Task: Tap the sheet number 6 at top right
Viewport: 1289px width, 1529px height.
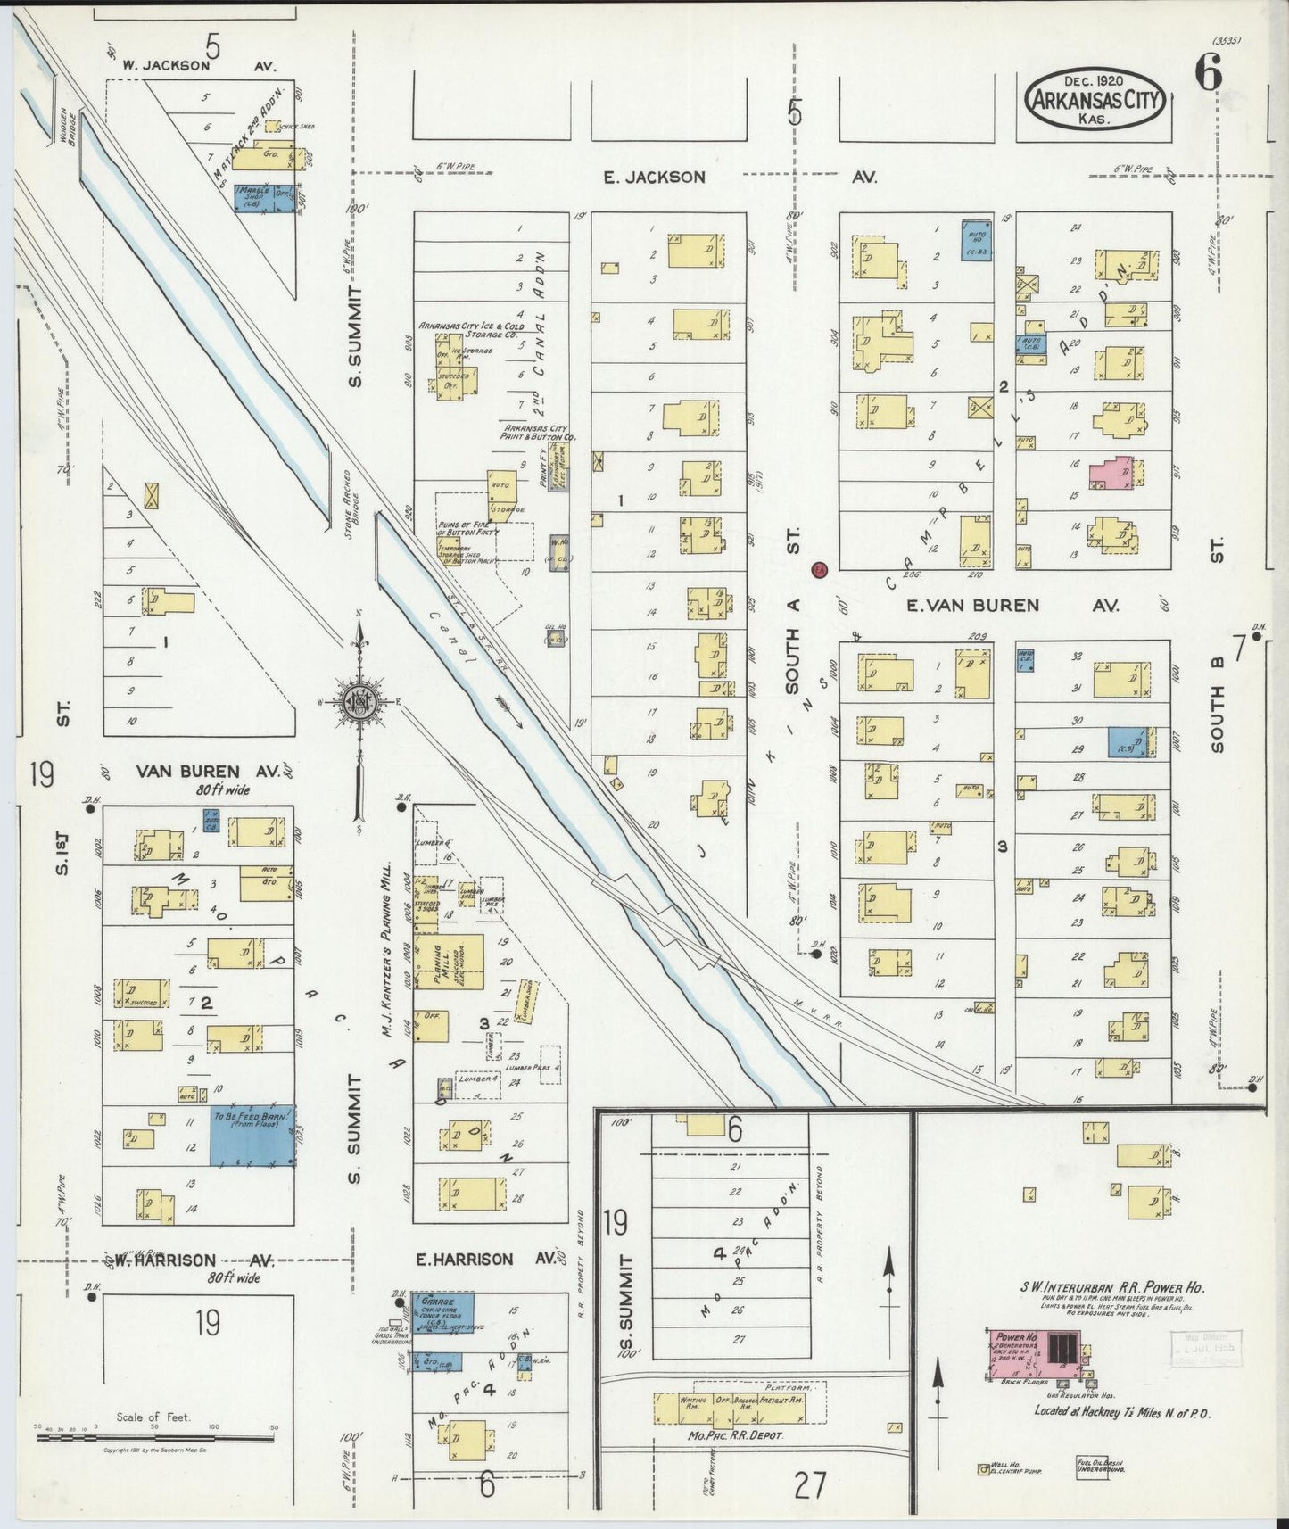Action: coord(1208,76)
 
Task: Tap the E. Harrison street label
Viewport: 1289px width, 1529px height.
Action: coord(465,1260)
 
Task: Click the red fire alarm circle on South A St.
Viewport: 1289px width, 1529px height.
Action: coord(820,568)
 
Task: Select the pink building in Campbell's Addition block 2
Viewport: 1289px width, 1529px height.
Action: coord(1111,470)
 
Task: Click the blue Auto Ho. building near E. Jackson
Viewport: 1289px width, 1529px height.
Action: coord(976,239)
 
